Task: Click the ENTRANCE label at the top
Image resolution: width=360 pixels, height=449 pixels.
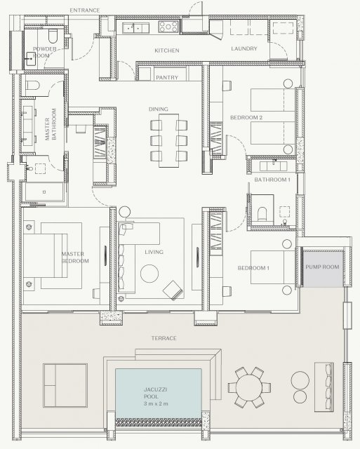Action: [x=85, y=11]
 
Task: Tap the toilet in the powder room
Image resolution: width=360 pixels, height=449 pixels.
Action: [x=53, y=35]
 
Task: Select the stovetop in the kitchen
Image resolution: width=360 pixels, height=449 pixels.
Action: [x=168, y=27]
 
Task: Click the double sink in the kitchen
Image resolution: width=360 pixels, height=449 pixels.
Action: [x=135, y=28]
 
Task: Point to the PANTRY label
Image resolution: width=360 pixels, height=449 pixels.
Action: [x=167, y=77]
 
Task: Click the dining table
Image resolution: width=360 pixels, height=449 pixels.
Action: [x=169, y=140]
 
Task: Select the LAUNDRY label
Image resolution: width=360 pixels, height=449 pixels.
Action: [x=244, y=48]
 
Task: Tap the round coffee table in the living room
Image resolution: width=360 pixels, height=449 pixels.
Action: [x=149, y=274]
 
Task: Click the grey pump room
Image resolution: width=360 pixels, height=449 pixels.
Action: [x=323, y=269]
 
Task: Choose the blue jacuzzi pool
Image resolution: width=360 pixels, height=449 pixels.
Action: [x=159, y=394]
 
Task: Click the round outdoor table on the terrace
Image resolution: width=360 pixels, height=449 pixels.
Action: [x=249, y=387]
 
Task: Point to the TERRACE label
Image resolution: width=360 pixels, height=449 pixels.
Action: [x=164, y=338]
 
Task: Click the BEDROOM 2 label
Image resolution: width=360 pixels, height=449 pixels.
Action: [x=246, y=117]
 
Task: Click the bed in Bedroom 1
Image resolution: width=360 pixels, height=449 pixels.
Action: [x=273, y=267]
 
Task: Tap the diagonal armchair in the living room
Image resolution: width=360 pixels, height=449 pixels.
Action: [x=173, y=290]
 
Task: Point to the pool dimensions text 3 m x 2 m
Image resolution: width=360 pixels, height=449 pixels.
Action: [x=156, y=404]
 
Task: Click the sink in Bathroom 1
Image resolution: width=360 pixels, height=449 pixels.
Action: [x=273, y=166]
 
